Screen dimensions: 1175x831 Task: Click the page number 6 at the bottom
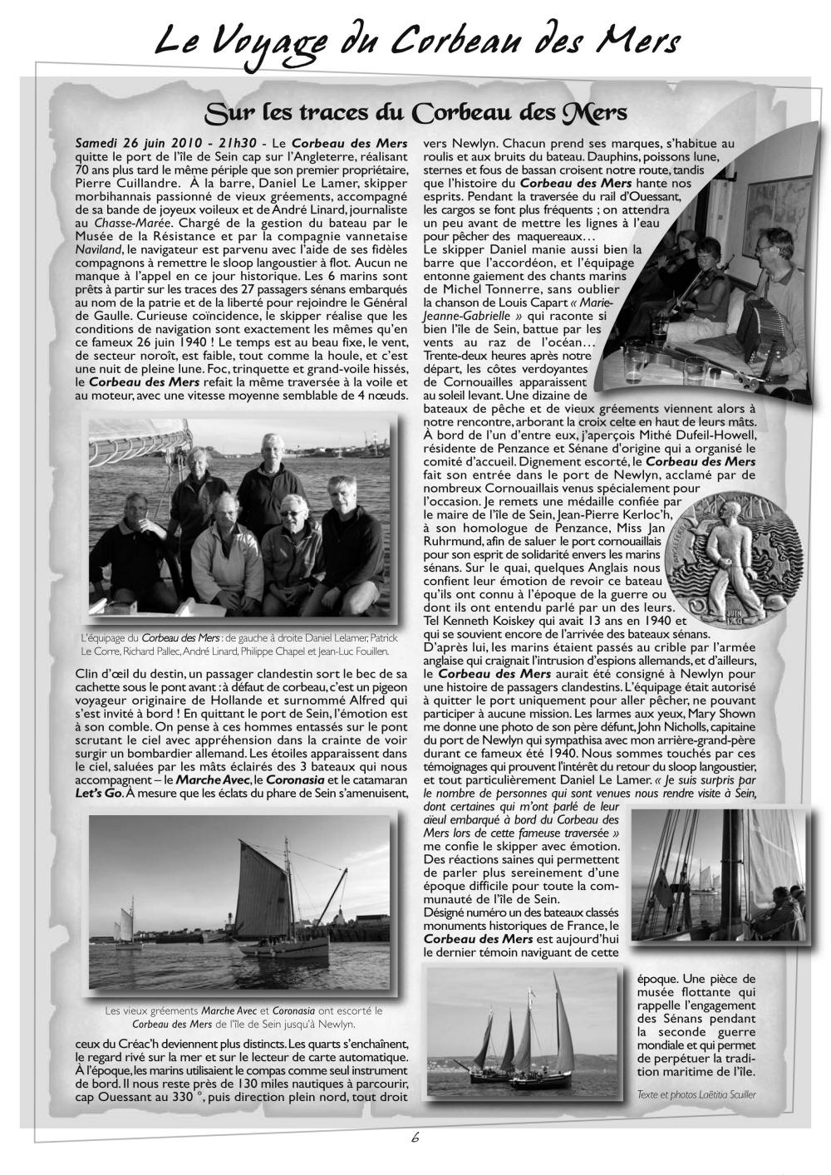tap(415, 1138)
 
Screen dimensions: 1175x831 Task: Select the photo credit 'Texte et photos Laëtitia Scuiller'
tap(697, 1093)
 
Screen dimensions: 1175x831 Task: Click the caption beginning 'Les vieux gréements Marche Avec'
tap(243, 1017)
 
